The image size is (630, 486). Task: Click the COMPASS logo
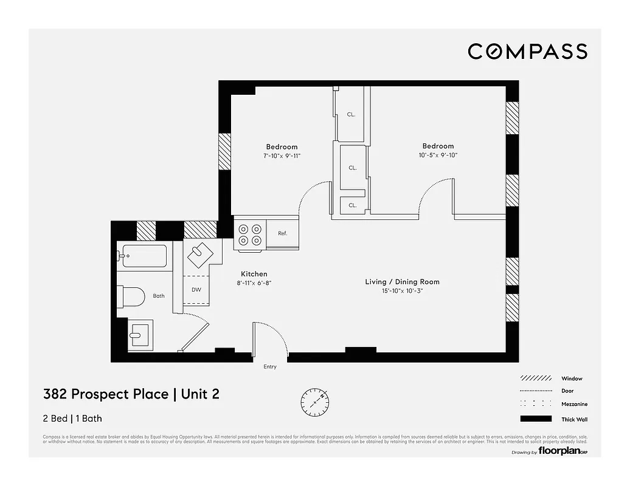(527, 52)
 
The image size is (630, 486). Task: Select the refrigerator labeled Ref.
(283, 234)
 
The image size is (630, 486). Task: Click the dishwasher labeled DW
(196, 290)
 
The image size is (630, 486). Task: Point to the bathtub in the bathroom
(144, 256)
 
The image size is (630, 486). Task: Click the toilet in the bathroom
(133, 296)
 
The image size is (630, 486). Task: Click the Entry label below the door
(270, 367)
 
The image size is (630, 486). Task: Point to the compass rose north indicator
(315, 400)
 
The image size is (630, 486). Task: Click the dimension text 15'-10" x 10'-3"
(402, 292)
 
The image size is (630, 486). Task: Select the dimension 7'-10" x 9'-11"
(282, 156)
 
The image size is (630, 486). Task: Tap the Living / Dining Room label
(402, 282)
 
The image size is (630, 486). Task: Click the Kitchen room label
(254, 274)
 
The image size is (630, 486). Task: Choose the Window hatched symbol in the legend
(536, 378)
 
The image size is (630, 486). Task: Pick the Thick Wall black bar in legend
(536, 419)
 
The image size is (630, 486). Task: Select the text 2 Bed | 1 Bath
(72, 419)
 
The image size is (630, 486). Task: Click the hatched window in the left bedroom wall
(225, 151)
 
